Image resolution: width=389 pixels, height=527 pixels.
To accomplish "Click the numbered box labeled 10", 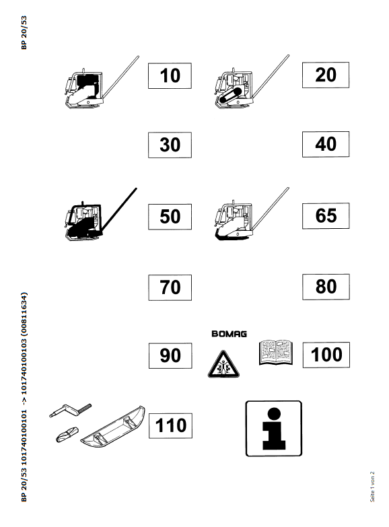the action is [x=170, y=75].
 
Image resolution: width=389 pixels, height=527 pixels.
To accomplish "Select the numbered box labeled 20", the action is [x=326, y=75].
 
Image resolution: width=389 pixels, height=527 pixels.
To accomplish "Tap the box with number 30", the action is [x=170, y=145].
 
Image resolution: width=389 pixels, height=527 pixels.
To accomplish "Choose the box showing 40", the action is [x=326, y=144].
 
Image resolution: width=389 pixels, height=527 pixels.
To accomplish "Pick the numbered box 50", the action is [x=170, y=217].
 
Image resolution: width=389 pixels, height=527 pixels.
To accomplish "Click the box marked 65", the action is [x=326, y=216].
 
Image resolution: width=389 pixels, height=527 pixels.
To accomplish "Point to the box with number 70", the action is [x=170, y=287].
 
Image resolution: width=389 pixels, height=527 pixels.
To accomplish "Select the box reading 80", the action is [x=326, y=287].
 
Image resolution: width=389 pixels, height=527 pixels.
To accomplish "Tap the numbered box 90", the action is [x=170, y=355].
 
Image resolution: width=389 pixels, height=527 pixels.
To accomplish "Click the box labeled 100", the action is [x=326, y=355].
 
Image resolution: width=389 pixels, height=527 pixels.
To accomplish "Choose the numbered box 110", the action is [x=170, y=426].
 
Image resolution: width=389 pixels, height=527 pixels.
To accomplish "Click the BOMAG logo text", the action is [x=229, y=334].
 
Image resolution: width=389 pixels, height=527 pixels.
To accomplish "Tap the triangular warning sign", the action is [x=223, y=364].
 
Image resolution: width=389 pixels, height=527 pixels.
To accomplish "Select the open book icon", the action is [x=276, y=353].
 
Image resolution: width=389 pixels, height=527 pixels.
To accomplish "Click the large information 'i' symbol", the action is [x=274, y=429].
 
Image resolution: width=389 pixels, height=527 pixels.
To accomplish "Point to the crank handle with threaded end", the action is [x=70, y=410].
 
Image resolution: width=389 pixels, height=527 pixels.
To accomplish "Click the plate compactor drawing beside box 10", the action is [x=102, y=82].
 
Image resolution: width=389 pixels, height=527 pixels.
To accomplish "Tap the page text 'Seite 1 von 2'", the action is [x=372, y=487].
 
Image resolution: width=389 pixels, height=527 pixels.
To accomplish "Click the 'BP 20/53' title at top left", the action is [x=24, y=32].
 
